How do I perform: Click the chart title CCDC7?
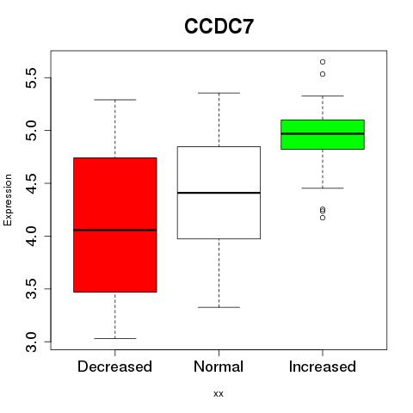pyautogui.click(x=219, y=27)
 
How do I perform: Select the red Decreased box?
pyautogui.click(x=115, y=225)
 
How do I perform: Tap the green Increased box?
pyautogui.click(x=323, y=134)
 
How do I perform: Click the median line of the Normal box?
pyautogui.click(x=219, y=193)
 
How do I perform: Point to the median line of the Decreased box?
pyautogui.click(x=115, y=230)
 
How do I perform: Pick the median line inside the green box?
pyautogui.click(x=323, y=133)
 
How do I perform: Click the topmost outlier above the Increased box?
pyautogui.click(x=323, y=62)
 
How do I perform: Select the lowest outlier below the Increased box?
pyautogui.click(x=323, y=218)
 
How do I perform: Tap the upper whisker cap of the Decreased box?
pyautogui.click(x=115, y=100)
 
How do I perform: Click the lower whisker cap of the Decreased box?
pyautogui.click(x=115, y=338)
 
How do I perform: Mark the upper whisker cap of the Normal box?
pyautogui.click(x=219, y=93)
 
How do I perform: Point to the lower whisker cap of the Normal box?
pyautogui.click(x=219, y=307)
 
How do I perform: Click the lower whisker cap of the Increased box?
pyautogui.click(x=323, y=188)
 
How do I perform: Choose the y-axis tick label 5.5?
pyautogui.click(x=31, y=77)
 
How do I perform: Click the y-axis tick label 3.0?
pyautogui.click(x=31, y=342)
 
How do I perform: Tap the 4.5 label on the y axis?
pyautogui.click(x=31, y=183)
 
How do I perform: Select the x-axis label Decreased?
pyautogui.click(x=114, y=367)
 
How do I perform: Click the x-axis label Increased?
pyautogui.click(x=323, y=367)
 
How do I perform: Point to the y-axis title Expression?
pyautogui.click(x=8, y=200)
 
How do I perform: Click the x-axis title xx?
pyautogui.click(x=219, y=394)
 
